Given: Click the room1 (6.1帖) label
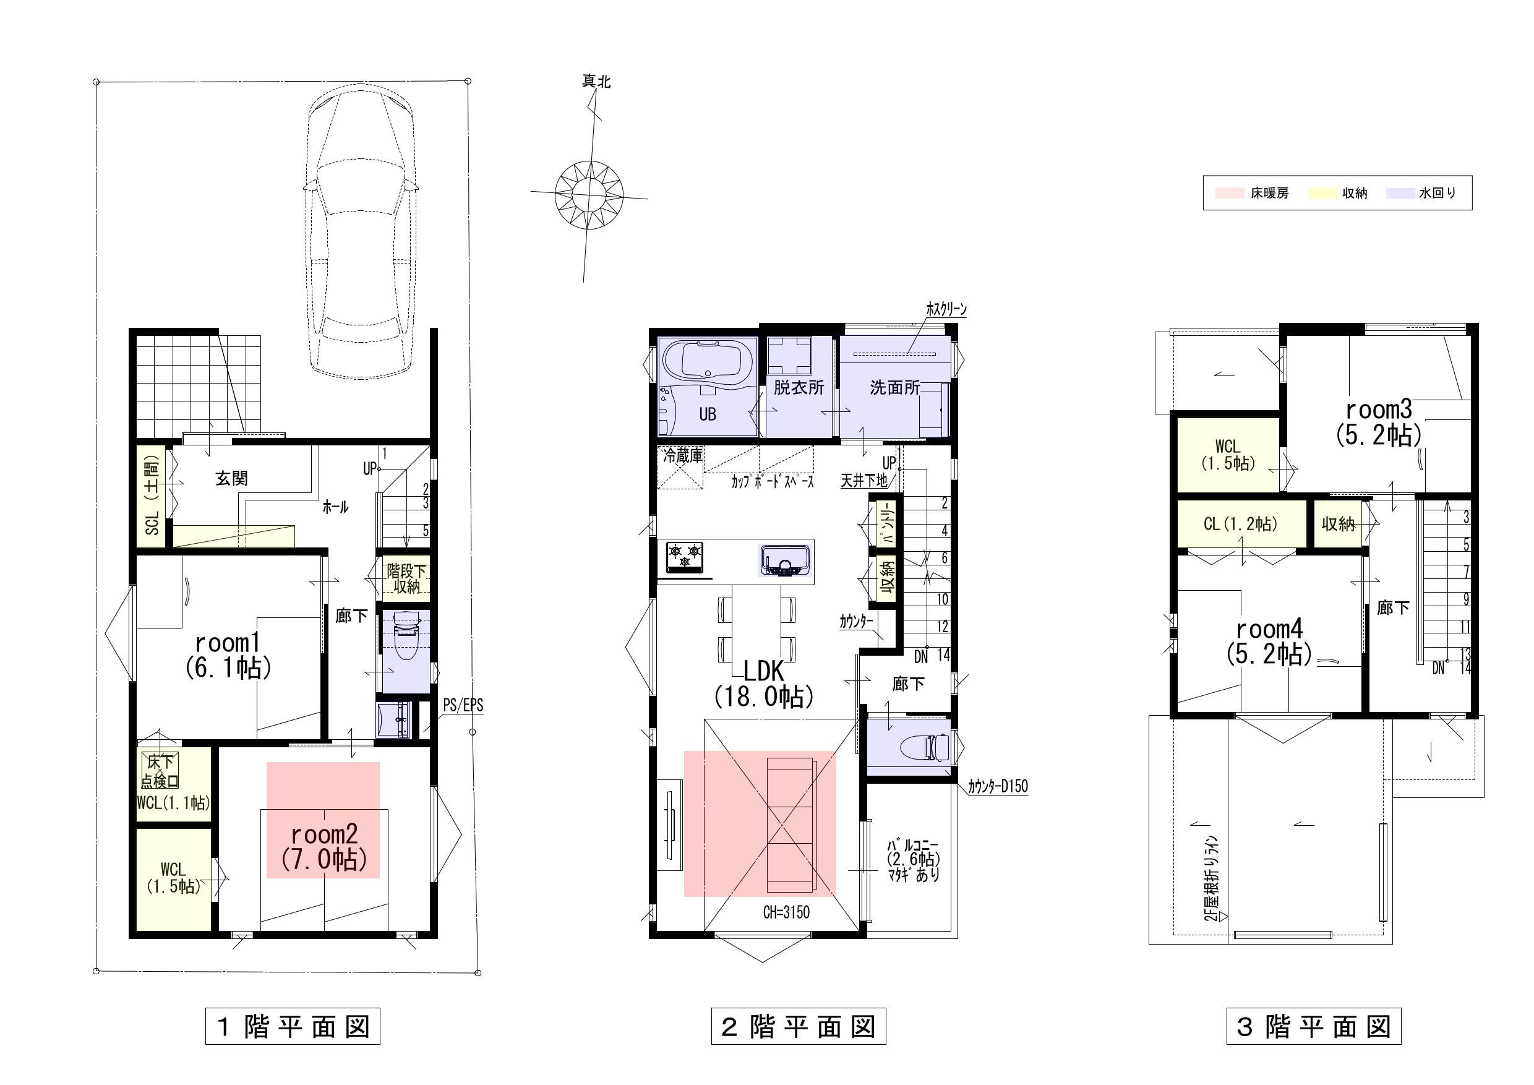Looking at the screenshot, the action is (228, 656).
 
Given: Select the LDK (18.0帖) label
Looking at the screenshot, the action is (764, 684).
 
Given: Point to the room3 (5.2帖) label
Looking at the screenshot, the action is (1378, 422).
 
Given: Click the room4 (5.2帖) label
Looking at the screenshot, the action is (1269, 642).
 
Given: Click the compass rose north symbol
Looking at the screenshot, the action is (589, 194).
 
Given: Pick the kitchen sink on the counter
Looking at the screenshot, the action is (784, 560).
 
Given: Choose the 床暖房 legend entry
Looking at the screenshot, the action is (1252, 193).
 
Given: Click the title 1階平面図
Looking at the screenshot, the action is (293, 1026).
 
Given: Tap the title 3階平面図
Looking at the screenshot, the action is (1314, 1026).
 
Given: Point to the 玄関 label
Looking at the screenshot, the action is (231, 478).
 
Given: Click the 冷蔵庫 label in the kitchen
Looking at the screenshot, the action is (682, 456).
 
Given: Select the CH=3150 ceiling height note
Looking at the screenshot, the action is (786, 912).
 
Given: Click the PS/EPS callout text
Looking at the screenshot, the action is (463, 705).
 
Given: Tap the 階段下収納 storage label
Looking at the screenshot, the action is (406, 578).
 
